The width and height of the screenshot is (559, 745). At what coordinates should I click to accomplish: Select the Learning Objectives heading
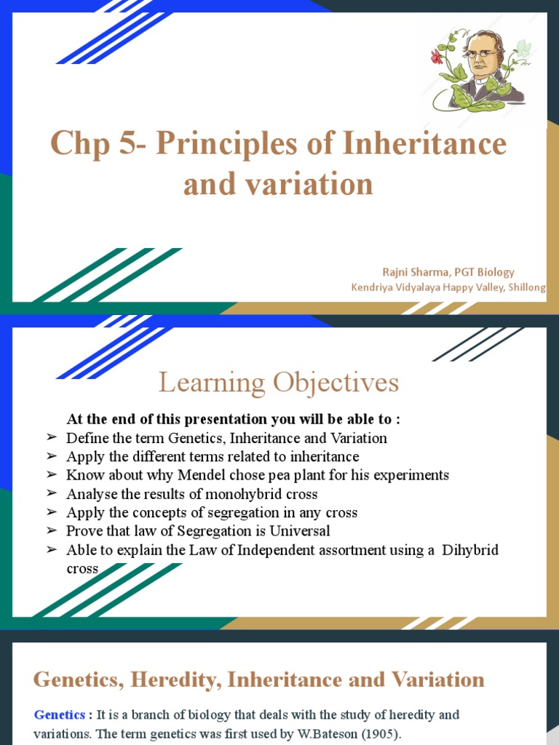coord(279,382)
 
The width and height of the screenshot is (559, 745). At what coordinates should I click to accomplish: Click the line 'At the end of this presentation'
coord(233,419)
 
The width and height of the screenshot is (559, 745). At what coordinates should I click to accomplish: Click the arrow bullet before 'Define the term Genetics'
coord(50,438)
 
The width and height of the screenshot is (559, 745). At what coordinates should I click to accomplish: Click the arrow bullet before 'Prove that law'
coord(50,531)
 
